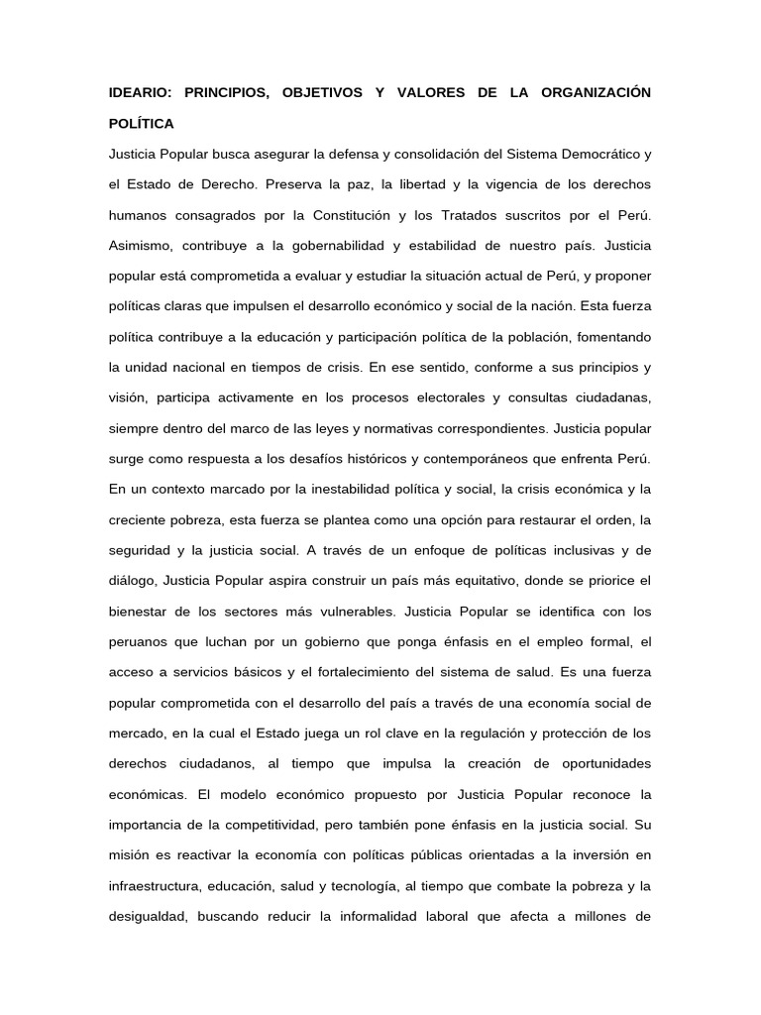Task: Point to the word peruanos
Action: coord(138,641)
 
